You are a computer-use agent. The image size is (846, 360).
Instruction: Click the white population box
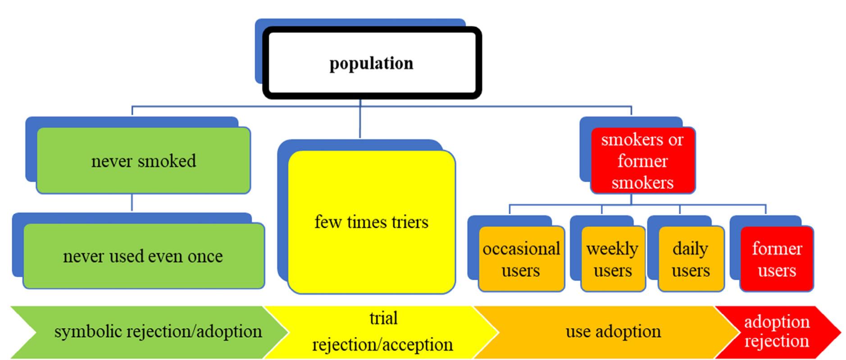pos(372,63)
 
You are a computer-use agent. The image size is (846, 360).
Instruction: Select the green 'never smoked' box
pos(143,161)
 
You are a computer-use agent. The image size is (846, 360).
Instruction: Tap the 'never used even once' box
pos(143,256)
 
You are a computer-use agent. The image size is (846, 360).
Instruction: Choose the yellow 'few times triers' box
pos(372,222)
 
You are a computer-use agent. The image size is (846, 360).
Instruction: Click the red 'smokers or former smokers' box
pos(642,161)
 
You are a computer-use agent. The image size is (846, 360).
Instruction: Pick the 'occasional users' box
pos(521,259)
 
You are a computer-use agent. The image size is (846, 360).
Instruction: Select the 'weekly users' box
pos(613,259)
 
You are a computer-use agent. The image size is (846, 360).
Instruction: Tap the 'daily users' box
pos(691,259)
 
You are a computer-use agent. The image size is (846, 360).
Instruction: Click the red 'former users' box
pos(777,259)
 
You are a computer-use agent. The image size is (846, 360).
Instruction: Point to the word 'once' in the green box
pos(205,256)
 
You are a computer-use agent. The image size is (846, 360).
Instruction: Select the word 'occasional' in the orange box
pos(521,249)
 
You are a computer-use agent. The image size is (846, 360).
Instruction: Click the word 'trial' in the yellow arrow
pos(383,318)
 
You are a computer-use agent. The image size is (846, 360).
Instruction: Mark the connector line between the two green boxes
pos(132,203)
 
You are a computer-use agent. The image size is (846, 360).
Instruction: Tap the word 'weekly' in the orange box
pos(612,249)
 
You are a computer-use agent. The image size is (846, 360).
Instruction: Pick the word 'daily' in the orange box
pos(690,249)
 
